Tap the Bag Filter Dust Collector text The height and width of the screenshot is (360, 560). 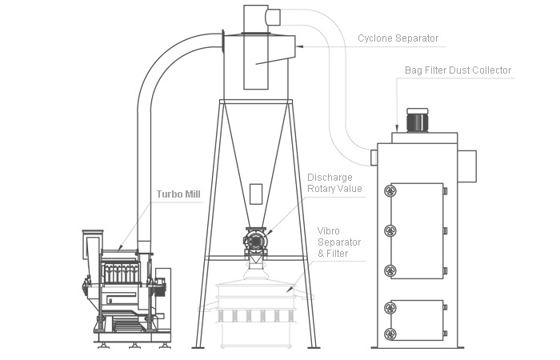457,70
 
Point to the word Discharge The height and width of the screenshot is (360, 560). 330,178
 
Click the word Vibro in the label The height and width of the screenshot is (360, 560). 328,230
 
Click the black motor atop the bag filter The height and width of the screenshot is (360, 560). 417,120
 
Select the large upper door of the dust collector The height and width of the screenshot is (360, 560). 416,230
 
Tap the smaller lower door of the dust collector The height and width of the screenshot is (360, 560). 416,320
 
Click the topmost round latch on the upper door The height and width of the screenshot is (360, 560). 390,190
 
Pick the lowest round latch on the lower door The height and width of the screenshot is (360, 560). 390,333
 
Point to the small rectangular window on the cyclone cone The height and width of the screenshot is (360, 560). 256,193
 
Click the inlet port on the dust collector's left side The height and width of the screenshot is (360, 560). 374,157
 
